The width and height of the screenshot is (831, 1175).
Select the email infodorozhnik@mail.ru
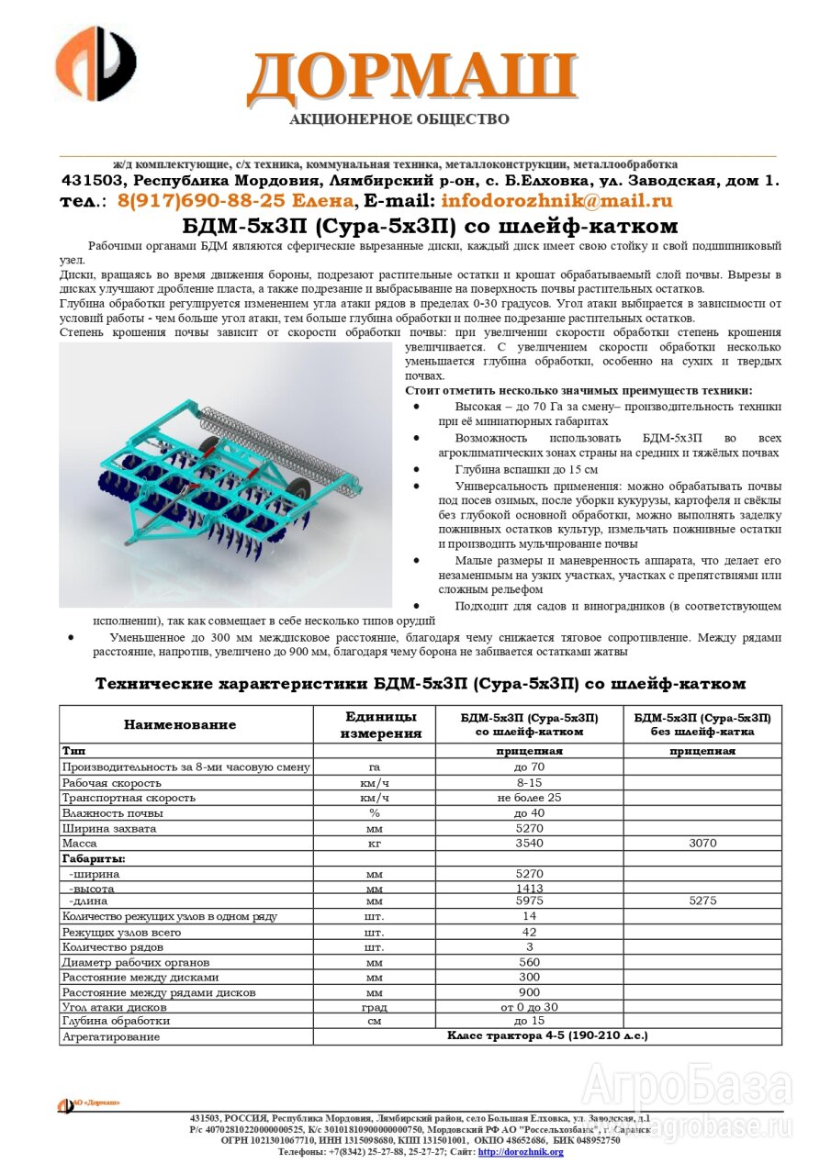556,201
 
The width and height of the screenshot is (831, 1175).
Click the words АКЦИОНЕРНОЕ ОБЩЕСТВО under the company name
399,119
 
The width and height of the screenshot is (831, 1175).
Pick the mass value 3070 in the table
702,843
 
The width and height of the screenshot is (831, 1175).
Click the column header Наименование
180,724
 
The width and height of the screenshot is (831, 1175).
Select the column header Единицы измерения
380,724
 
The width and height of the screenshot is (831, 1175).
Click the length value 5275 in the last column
702,901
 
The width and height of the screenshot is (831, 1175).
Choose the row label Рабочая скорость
111,783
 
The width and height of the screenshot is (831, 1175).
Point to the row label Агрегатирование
110,1036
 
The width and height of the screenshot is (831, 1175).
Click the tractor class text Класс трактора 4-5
547,1035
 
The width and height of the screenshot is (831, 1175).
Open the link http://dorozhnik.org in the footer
521,1152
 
